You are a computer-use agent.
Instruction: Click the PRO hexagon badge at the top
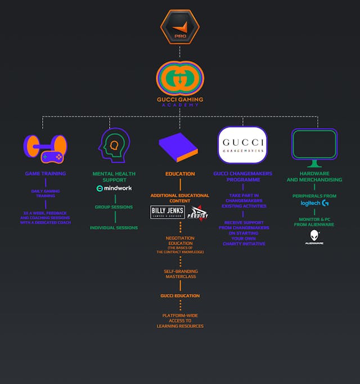tap(179, 26)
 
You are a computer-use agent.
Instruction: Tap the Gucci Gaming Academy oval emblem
tap(179, 78)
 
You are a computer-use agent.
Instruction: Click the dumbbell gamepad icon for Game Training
tap(45, 147)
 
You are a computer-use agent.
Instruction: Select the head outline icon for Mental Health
tap(114, 146)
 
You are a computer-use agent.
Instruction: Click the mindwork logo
tap(114, 188)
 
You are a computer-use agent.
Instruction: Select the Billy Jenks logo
tap(168, 212)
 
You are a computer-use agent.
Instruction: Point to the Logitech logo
tap(314, 203)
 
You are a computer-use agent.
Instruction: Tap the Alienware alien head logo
tap(314, 236)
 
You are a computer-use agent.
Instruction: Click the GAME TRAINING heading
tap(45, 174)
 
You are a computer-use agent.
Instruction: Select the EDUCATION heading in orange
tap(179, 174)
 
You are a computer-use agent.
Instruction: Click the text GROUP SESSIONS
tap(114, 207)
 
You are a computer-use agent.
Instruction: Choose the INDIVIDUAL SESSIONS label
tap(114, 228)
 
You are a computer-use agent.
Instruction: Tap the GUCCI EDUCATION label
tap(179, 296)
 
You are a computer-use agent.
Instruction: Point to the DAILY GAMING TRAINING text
tap(45, 193)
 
